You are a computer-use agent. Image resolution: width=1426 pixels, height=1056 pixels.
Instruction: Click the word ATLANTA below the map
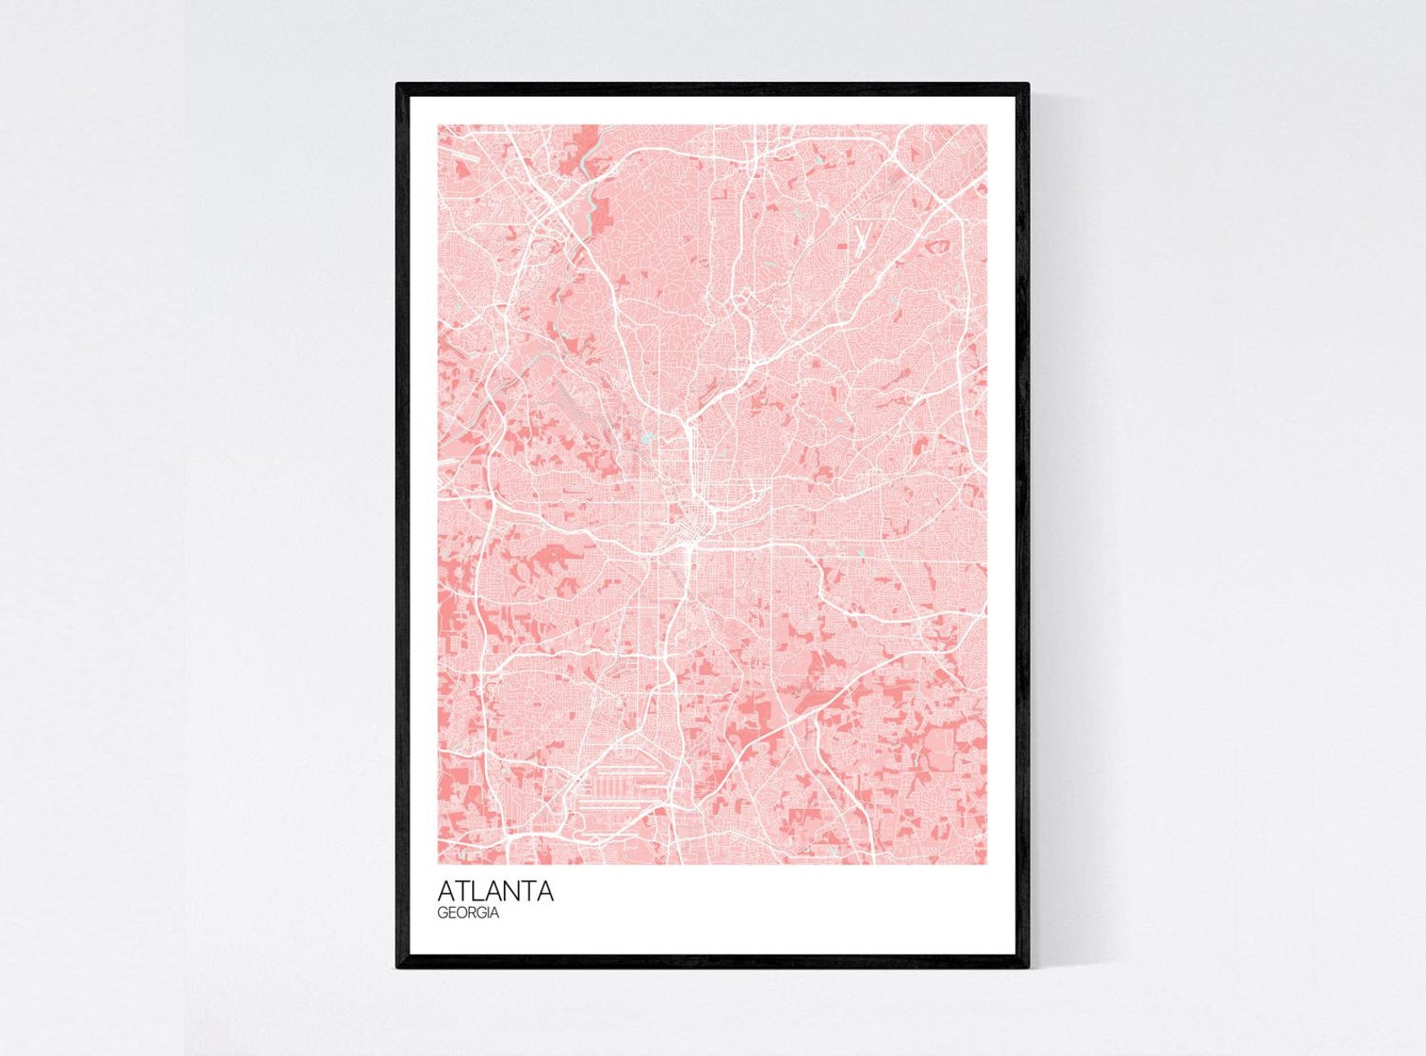coord(495,892)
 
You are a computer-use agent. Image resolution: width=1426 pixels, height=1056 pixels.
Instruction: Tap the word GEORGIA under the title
coord(468,913)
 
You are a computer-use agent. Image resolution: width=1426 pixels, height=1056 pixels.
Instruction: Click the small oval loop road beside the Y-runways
coord(937,244)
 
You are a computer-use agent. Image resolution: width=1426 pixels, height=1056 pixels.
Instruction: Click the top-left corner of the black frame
coord(399,85)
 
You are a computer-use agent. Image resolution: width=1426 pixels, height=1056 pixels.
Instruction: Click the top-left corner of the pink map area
coord(439,126)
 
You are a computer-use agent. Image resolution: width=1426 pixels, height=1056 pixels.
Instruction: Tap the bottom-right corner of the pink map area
coord(986,864)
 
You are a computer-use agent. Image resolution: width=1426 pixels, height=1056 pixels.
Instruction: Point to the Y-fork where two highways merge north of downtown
coord(686,422)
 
